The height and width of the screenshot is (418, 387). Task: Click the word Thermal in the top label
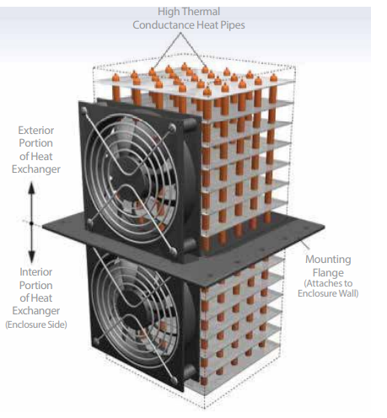202,12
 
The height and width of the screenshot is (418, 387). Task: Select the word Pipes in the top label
233,25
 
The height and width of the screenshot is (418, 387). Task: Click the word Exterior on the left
36,131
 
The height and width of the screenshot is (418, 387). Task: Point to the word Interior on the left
36,272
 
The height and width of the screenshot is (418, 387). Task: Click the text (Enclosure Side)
36,324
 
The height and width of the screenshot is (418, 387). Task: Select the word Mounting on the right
328,260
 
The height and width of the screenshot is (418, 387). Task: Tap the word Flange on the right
328,273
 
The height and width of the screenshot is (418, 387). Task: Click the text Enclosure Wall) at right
328,293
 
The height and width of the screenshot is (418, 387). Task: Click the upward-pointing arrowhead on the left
31,188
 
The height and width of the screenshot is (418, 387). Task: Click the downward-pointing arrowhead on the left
32,257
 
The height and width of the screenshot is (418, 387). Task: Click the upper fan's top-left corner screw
83,110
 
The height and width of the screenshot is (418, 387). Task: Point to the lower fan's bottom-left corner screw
96,341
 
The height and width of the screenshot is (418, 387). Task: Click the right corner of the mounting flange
325,226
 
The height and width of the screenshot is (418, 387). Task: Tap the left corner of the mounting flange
43,226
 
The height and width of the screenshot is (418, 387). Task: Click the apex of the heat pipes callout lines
180,33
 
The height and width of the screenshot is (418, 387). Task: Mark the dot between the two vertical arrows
31,223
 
